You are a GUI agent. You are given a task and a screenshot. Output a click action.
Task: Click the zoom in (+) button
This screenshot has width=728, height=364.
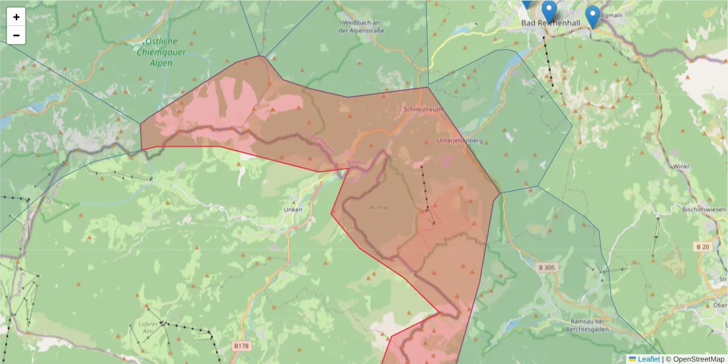pos(16,17)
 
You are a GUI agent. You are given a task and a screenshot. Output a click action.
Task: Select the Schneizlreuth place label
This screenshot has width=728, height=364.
pos(422,110)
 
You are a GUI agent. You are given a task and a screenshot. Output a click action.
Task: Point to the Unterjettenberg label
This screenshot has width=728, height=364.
pos(459,141)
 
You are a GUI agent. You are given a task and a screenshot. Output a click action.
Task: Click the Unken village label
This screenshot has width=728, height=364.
pos(293,210)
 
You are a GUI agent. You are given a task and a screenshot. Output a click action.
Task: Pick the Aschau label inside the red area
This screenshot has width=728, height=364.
pos(379,207)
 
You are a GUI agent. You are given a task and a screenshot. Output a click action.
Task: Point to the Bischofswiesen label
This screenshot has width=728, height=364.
pos(704,209)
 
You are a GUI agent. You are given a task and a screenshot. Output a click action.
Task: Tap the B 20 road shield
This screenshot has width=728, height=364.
pos(703,246)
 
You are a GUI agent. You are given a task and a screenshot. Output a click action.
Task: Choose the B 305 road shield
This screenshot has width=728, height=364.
pos(547,267)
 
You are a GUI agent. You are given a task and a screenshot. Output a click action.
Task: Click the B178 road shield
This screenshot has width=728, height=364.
pos(241,346)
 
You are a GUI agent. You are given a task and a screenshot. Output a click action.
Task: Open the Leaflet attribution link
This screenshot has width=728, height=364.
pos(649,359)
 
